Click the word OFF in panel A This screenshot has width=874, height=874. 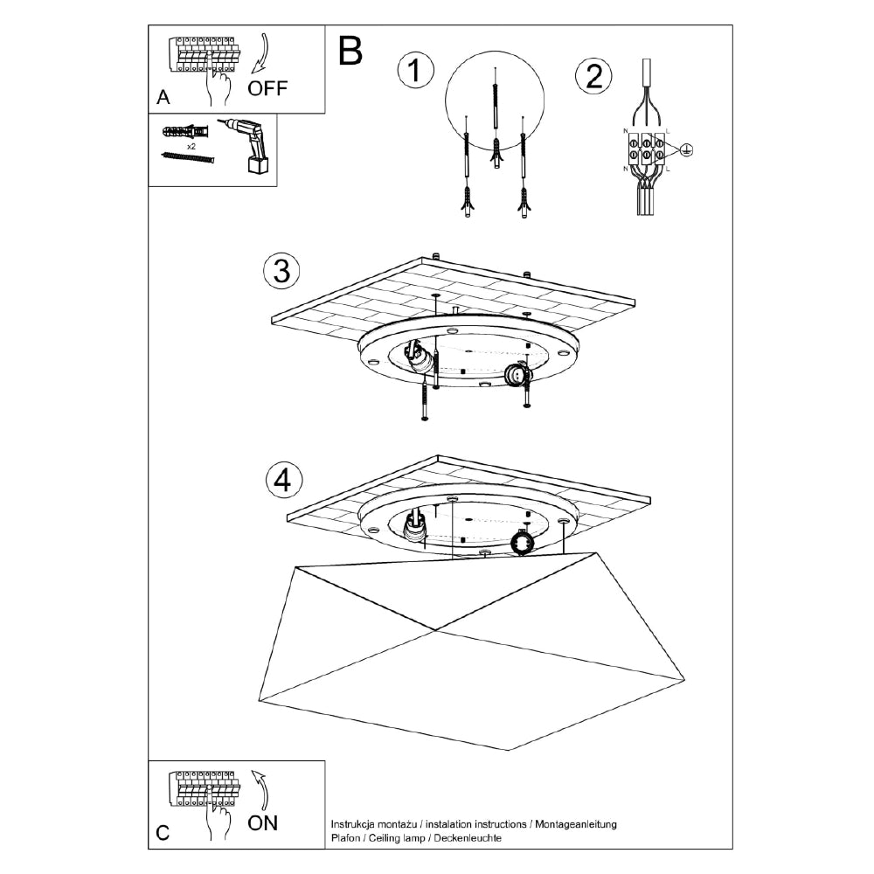267,87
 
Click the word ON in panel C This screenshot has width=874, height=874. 263,822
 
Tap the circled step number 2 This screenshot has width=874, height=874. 593,77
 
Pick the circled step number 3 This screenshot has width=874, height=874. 281,271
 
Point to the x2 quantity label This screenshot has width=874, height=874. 191,146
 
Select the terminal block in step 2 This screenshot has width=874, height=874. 644,149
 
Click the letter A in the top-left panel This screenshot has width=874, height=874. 163,98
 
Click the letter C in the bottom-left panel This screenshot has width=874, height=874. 163,833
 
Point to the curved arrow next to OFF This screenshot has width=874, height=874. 261,53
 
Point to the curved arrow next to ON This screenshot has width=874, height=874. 261,790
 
